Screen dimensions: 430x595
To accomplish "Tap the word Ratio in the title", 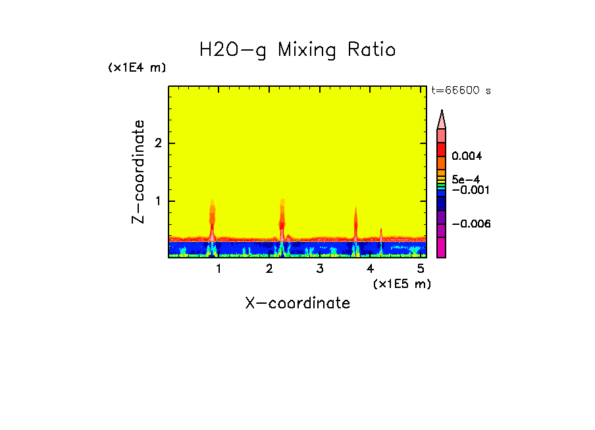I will [372, 50].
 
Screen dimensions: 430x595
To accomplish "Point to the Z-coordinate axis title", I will [138, 172].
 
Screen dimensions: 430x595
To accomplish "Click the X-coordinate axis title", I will [297, 303].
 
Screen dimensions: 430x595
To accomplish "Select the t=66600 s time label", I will [461, 91].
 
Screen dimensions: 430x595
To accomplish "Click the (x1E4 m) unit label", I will [137, 68].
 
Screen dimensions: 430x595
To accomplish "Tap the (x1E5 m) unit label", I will [401, 283].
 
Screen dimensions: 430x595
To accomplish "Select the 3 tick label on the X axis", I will [319, 268].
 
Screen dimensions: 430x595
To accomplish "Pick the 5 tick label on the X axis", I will [421, 268].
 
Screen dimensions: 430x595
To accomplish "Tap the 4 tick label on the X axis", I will [370, 268].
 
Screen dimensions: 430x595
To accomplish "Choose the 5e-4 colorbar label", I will [465, 179].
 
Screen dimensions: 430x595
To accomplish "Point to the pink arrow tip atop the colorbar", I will [441, 118].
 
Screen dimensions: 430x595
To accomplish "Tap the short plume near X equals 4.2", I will [381, 234].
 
